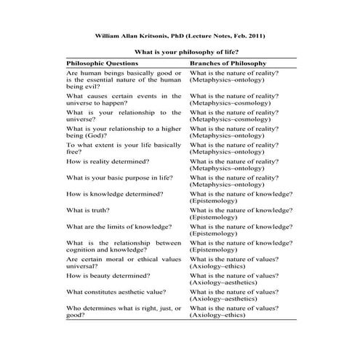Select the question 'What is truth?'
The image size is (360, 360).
[88, 210]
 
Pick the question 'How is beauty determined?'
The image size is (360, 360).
[106, 276]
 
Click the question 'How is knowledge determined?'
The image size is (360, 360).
[114, 194]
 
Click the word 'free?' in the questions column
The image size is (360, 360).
[73, 152]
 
